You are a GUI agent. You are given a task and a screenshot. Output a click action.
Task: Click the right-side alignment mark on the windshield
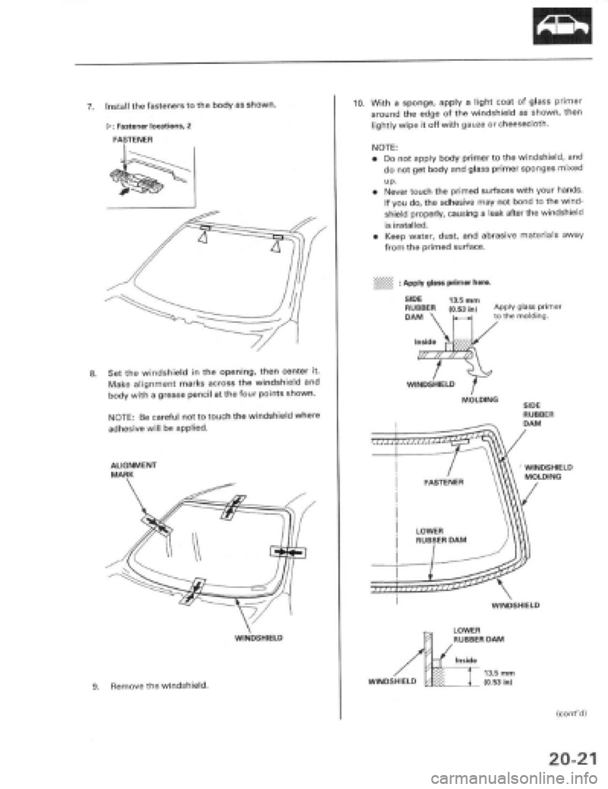285,551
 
